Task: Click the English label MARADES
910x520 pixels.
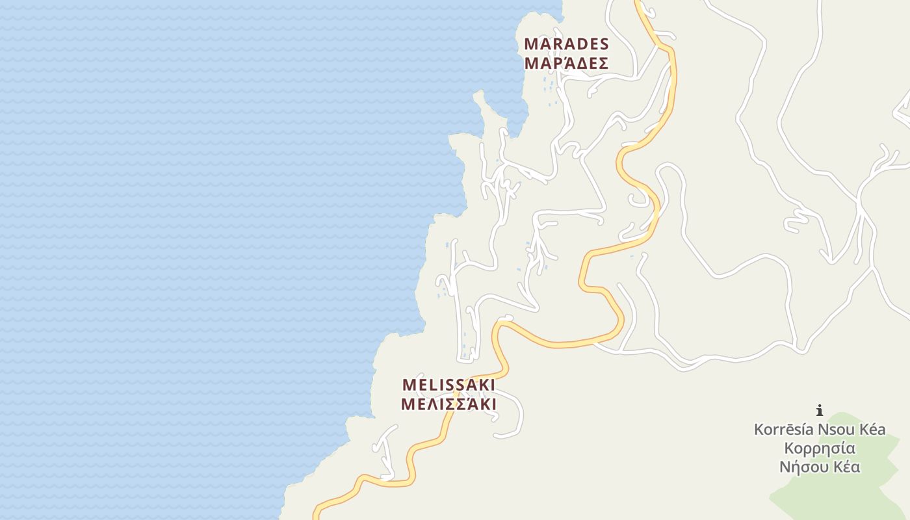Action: click(566, 44)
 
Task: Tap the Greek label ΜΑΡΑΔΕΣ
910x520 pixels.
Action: click(566, 64)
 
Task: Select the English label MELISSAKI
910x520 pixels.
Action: click(448, 385)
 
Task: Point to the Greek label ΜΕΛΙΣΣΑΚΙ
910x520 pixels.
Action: click(448, 404)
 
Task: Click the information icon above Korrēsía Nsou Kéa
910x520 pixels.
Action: click(820, 410)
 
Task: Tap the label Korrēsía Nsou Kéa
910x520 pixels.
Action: click(820, 430)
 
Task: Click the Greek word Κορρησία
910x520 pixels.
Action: click(820, 448)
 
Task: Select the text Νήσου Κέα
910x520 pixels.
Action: click(820, 467)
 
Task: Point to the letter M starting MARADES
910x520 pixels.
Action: click(531, 44)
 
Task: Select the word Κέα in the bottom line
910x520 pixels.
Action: click(845, 467)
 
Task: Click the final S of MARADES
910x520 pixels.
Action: click(604, 44)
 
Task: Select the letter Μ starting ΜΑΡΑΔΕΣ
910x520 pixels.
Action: click(531, 64)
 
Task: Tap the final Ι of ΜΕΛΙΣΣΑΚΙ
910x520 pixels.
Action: click(493, 404)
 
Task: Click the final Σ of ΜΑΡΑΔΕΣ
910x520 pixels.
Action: click(603, 64)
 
